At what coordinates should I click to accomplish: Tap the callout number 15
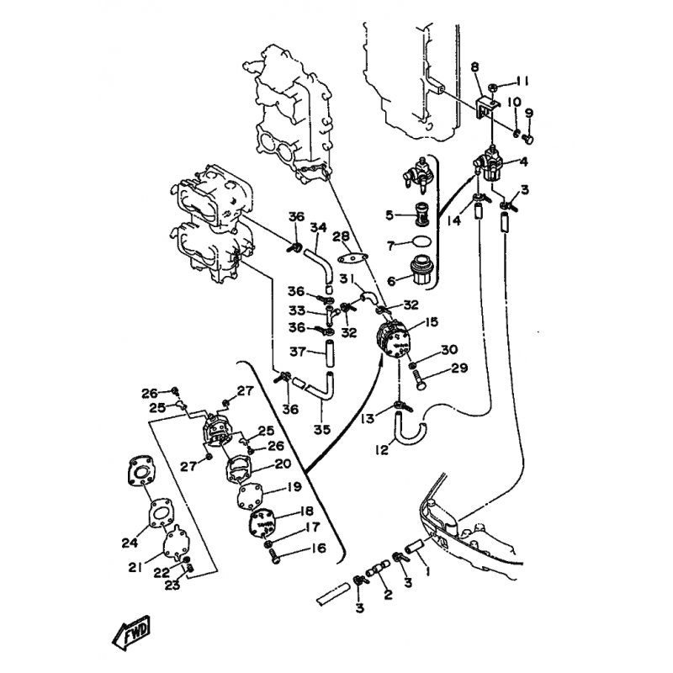[432, 321]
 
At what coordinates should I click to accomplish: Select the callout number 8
[474, 66]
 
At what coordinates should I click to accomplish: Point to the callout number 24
[128, 542]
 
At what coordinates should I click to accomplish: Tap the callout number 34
[318, 228]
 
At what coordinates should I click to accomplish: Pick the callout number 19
[294, 486]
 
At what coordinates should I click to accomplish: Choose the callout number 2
[389, 596]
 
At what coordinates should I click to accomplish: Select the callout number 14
[453, 221]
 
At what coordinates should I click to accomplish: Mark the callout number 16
[294, 549]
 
